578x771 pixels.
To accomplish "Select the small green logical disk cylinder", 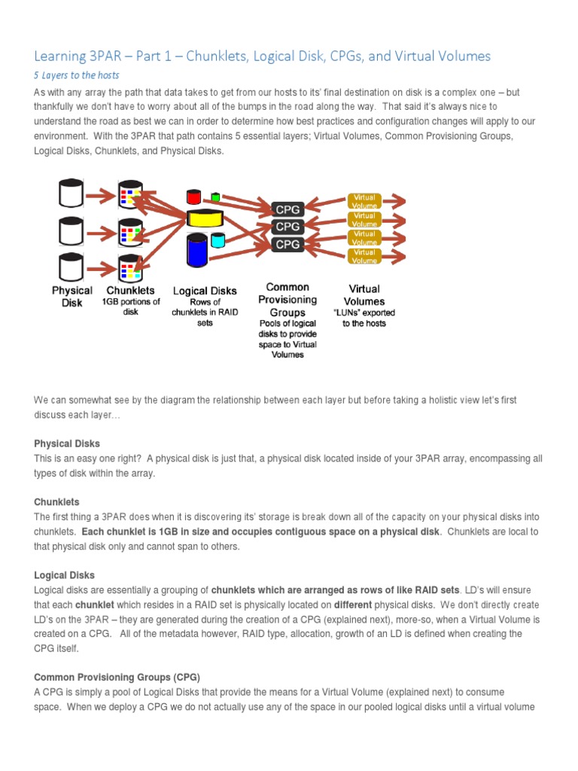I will (216, 197).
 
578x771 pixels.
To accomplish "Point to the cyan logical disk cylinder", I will (218, 240).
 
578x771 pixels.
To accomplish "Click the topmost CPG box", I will (288, 209).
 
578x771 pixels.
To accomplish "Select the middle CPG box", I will (288, 226).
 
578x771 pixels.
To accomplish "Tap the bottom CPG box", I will (288, 244).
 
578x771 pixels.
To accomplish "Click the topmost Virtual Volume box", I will (364, 200).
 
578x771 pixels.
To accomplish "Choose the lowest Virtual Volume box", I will (364, 256).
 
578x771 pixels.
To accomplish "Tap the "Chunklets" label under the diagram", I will (131, 290).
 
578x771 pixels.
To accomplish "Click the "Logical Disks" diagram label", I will (205, 291).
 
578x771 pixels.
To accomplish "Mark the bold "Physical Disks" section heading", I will (67, 443).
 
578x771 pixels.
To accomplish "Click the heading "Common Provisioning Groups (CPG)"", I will (117, 676).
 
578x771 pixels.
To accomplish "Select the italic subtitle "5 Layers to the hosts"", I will (77, 75).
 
